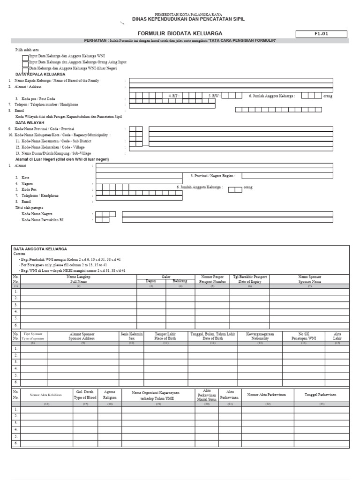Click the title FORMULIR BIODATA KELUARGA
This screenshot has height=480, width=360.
coord(180,34)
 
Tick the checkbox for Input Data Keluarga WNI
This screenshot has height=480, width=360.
coord(25,57)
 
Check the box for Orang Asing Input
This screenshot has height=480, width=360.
coord(25,63)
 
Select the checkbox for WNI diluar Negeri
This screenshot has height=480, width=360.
coord(25,69)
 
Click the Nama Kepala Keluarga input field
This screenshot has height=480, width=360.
coord(231,81)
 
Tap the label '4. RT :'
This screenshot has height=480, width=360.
coord(174,96)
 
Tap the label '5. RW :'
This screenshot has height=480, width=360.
coord(215,96)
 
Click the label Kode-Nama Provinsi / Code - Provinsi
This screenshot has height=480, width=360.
coord(45,128)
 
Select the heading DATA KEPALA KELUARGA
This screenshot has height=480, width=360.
coord(40,75)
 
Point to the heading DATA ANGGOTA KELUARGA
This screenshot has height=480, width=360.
coord(40,249)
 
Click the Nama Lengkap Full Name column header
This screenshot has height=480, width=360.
coord(79,279)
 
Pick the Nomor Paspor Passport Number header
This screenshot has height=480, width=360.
coord(212,279)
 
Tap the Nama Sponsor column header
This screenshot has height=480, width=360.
coord(310,279)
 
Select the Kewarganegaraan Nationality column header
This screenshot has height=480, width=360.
coord(260,336)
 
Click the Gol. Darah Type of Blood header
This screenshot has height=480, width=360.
coord(85,394)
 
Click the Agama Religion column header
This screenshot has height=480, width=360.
coord(110,394)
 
